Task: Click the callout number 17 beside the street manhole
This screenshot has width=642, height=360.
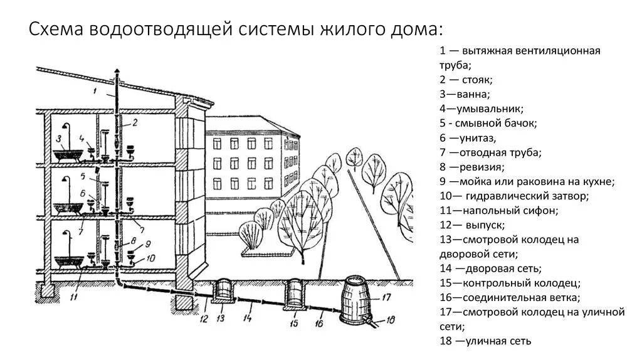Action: click(x=386, y=297)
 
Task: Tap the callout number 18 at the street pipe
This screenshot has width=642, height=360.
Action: click(x=391, y=320)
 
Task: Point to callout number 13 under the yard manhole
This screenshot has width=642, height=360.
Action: click(x=220, y=317)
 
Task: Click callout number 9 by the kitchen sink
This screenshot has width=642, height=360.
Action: click(x=148, y=244)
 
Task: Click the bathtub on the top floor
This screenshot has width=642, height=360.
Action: click(x=70, y=154)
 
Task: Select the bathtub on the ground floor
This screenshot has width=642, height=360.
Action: click(x=70, y=262)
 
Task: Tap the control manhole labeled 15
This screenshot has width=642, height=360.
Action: click(x=295, y=295)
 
